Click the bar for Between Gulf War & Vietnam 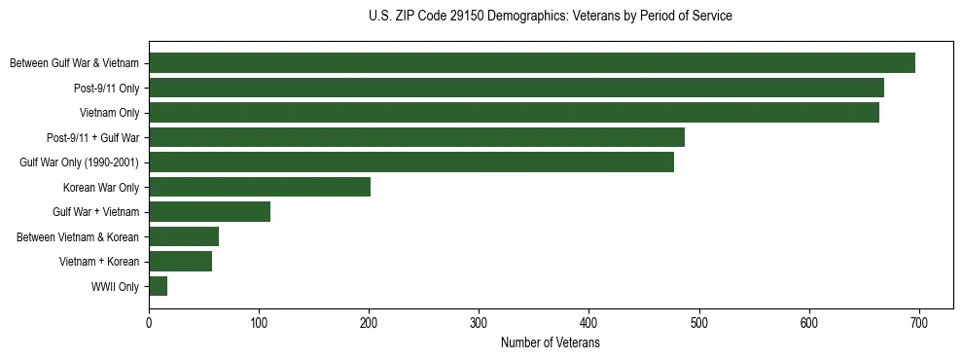(x=532, y=63)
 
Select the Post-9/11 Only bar (x=517, y=88)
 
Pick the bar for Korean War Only (x=260, y=187)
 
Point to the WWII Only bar (x=158, y=286)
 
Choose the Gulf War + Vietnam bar (x=209, y=212)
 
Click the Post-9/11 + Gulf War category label (x=93, y=138)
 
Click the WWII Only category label (x=115, y=287)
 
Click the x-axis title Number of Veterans (x=550, y=342)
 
